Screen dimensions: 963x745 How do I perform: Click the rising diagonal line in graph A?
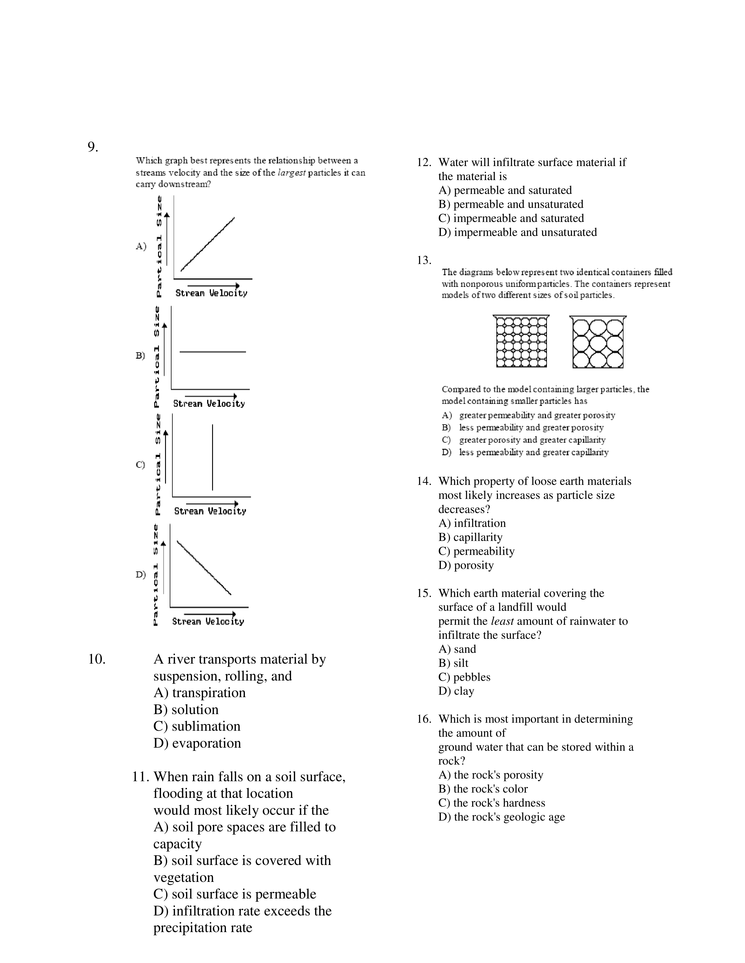[207, 244]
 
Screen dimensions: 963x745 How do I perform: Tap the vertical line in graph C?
[213, 457]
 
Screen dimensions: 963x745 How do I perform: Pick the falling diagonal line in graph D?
[204, 568]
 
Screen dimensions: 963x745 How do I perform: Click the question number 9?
[93, 147]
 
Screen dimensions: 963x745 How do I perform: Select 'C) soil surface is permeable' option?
[235, 894]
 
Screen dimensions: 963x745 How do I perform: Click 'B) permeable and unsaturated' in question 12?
[511, 204]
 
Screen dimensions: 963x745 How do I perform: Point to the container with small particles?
[521, 342]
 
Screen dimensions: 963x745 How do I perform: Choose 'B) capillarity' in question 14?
[470, 537]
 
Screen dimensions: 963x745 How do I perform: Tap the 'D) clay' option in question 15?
[456, 691]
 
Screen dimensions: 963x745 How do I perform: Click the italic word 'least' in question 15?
[502, 621]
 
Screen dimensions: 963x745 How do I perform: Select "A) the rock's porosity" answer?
[491, 775]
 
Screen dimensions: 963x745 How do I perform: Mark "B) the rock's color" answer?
[483, 789]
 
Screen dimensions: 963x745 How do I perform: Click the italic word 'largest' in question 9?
[291, 173]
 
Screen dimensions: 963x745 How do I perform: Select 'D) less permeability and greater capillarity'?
[525, 452]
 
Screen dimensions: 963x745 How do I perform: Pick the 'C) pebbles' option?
[464, 677]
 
